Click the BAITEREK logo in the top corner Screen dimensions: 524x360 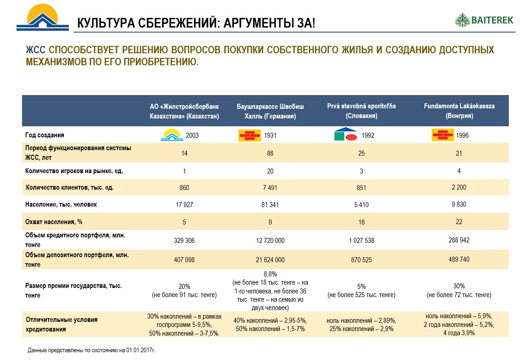pyautogui.click(x=484, y=20)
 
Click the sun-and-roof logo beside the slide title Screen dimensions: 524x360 pyautogui.click(x=42, y=17)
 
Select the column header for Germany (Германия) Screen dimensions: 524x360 pyautogui.click(x=270, y=111)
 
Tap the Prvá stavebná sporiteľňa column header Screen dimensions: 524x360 pyautogui.click(x=361, y=111)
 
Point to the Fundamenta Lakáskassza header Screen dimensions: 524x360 pyautogui.click(x=459, y=111)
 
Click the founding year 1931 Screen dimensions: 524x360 pyautogui.click(x=270, y=135)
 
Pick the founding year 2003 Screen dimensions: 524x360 pyautogui.click(x=192, y=135)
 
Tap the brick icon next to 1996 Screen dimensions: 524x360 pyautogui.click(x=442, y=135)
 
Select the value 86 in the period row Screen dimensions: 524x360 pyautogui.click(x=270, y=153)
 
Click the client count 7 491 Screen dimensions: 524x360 pyautogui.click(x=270, y=188)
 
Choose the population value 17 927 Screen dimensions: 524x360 pyautogui.click(x=184, y=204)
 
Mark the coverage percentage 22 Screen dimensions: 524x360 pyautogui.click(x=459, y=221)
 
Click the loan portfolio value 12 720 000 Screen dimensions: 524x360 pyautogui.click(x=270, y=240)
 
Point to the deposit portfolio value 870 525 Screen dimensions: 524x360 pyautogui.click(x=361, y=259)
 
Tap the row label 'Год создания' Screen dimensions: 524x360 pyautogui.click(x=45, y=135)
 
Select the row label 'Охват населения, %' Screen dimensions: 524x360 pyautogui.click(x=54, y=221)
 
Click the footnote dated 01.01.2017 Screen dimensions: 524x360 pyautogui.click(x=92, y=350)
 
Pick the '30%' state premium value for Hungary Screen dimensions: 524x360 pyautogui.click(x=459, y=286)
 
